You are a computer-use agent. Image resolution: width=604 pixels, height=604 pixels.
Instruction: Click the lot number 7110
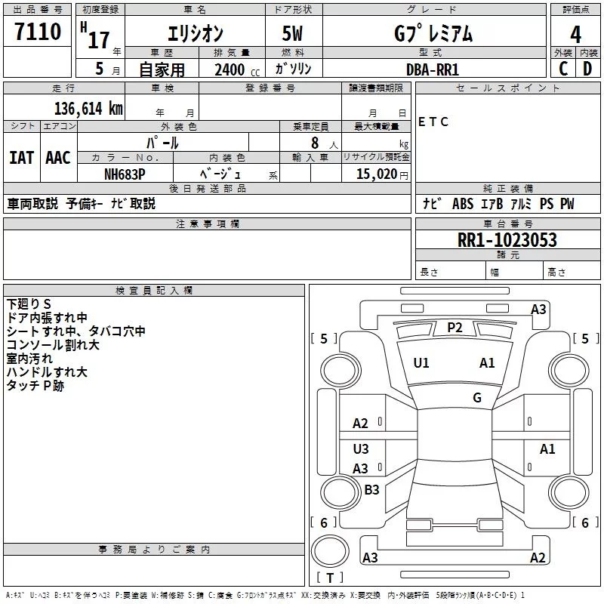[38, 32]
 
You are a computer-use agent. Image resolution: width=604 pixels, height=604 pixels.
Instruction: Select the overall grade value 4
[575, 35]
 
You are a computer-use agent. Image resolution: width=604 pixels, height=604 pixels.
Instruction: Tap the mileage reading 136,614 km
[88, 109]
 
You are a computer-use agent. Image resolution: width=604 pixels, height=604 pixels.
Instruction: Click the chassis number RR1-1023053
[507, 240]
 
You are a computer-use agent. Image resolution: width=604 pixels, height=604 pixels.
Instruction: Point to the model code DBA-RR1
[433, 69]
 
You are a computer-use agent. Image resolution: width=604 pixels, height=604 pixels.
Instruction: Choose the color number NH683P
[125, 174]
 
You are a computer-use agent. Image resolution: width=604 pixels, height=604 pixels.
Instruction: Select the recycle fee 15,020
[377, 174]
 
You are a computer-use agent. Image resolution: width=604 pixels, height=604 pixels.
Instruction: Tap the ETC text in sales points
[433, 122]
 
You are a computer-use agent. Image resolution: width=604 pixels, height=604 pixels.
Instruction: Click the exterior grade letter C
[563, 69]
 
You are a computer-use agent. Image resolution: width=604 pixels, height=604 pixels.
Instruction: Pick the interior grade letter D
[587, 69]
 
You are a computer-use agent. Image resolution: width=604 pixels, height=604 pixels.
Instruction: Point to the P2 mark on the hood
[455, 328]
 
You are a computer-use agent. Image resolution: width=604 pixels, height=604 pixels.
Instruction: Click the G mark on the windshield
[477, 398]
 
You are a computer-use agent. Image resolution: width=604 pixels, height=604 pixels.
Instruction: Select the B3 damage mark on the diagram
[371, 489]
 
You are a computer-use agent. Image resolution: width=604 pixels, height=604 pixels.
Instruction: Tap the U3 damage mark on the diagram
[361, 448]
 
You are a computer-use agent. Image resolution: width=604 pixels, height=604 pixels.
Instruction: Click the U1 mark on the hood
[421, 363]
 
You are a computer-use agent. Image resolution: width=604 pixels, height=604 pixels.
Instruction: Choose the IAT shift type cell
[22, 158]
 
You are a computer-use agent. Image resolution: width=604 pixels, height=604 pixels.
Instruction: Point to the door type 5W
[292, 33]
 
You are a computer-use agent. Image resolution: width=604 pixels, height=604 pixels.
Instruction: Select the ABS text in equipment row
[463, 204]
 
